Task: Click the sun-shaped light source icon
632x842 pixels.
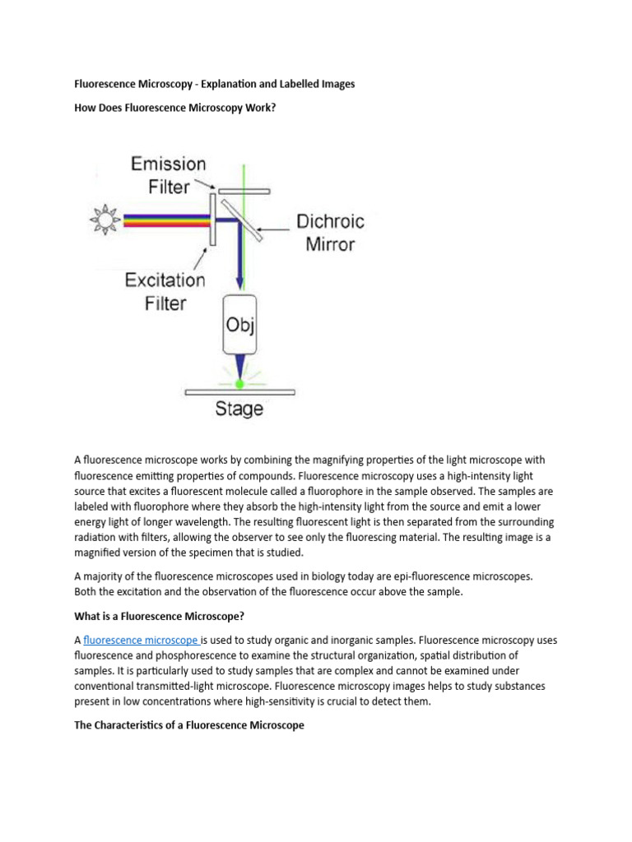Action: coord(105,220)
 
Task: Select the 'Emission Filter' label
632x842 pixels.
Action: coord(169,174)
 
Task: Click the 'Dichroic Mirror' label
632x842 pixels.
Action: coord(329,233)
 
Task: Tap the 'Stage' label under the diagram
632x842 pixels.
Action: coord(239,409)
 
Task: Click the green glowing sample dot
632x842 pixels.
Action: coord(239,383)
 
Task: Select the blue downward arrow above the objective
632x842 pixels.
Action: coord(239,263)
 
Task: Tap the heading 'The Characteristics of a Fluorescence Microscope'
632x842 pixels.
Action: coord(189,725)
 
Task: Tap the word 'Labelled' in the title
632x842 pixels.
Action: coord(293,84)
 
